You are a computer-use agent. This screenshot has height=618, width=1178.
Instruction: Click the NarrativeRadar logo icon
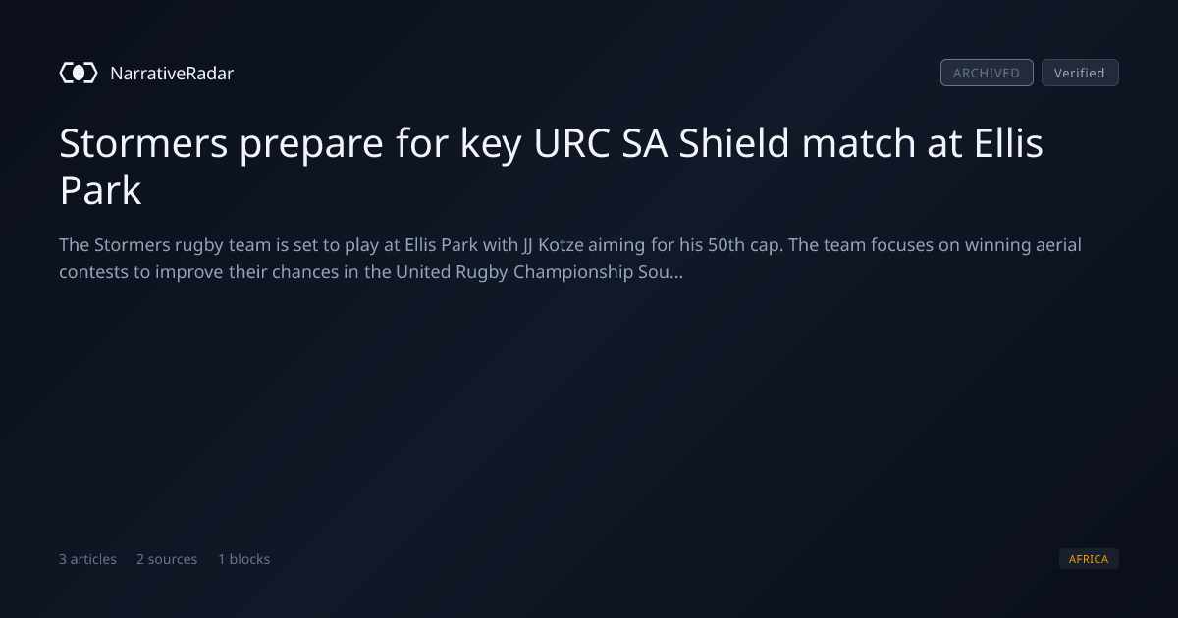point(79,73)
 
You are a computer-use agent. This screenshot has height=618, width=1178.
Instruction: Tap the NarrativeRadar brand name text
point(172,73)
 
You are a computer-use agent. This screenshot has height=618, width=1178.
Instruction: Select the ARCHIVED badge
point(987,73)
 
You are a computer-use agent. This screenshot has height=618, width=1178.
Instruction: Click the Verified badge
point(1080,73)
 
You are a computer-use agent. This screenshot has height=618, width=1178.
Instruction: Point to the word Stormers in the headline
point(143,143)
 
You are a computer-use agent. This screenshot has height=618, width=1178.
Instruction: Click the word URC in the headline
point(571,143)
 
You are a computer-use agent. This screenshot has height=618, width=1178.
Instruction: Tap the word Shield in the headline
point(734,142)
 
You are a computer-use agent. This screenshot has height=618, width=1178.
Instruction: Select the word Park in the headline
point(100,189)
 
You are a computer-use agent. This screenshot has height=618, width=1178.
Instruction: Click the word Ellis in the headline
point(1008,142)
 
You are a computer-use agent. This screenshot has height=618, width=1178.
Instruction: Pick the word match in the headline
point(858,142)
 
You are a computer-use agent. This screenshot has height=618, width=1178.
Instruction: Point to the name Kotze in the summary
point(561,245)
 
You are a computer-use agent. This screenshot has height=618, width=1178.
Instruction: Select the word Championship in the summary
point(572,272)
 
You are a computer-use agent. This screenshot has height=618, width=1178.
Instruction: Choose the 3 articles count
point(87,559)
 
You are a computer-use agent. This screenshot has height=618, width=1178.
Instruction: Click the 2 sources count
point(167,559)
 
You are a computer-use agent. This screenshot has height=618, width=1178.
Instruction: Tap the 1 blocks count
point(244,559)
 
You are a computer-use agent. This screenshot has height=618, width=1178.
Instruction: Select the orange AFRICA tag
point(1089,558)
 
